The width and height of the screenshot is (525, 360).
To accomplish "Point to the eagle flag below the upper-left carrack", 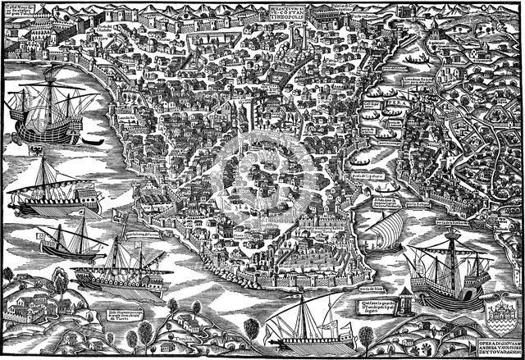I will coord(38,151).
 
